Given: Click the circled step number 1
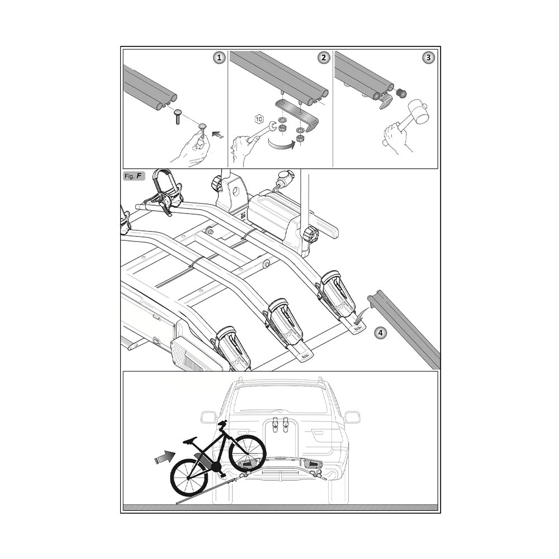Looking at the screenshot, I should [219, 58].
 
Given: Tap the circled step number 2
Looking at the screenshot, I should [323, 58].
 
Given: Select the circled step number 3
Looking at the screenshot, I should [428, 58].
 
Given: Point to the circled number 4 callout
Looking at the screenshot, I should [380, 333].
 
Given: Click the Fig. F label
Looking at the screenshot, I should [133, 176].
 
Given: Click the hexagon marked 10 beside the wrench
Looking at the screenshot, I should [259, 119].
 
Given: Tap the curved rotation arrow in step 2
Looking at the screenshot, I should [282, 145].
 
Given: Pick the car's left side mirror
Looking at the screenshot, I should [209, 417].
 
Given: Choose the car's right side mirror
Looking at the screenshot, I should [352, 417].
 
